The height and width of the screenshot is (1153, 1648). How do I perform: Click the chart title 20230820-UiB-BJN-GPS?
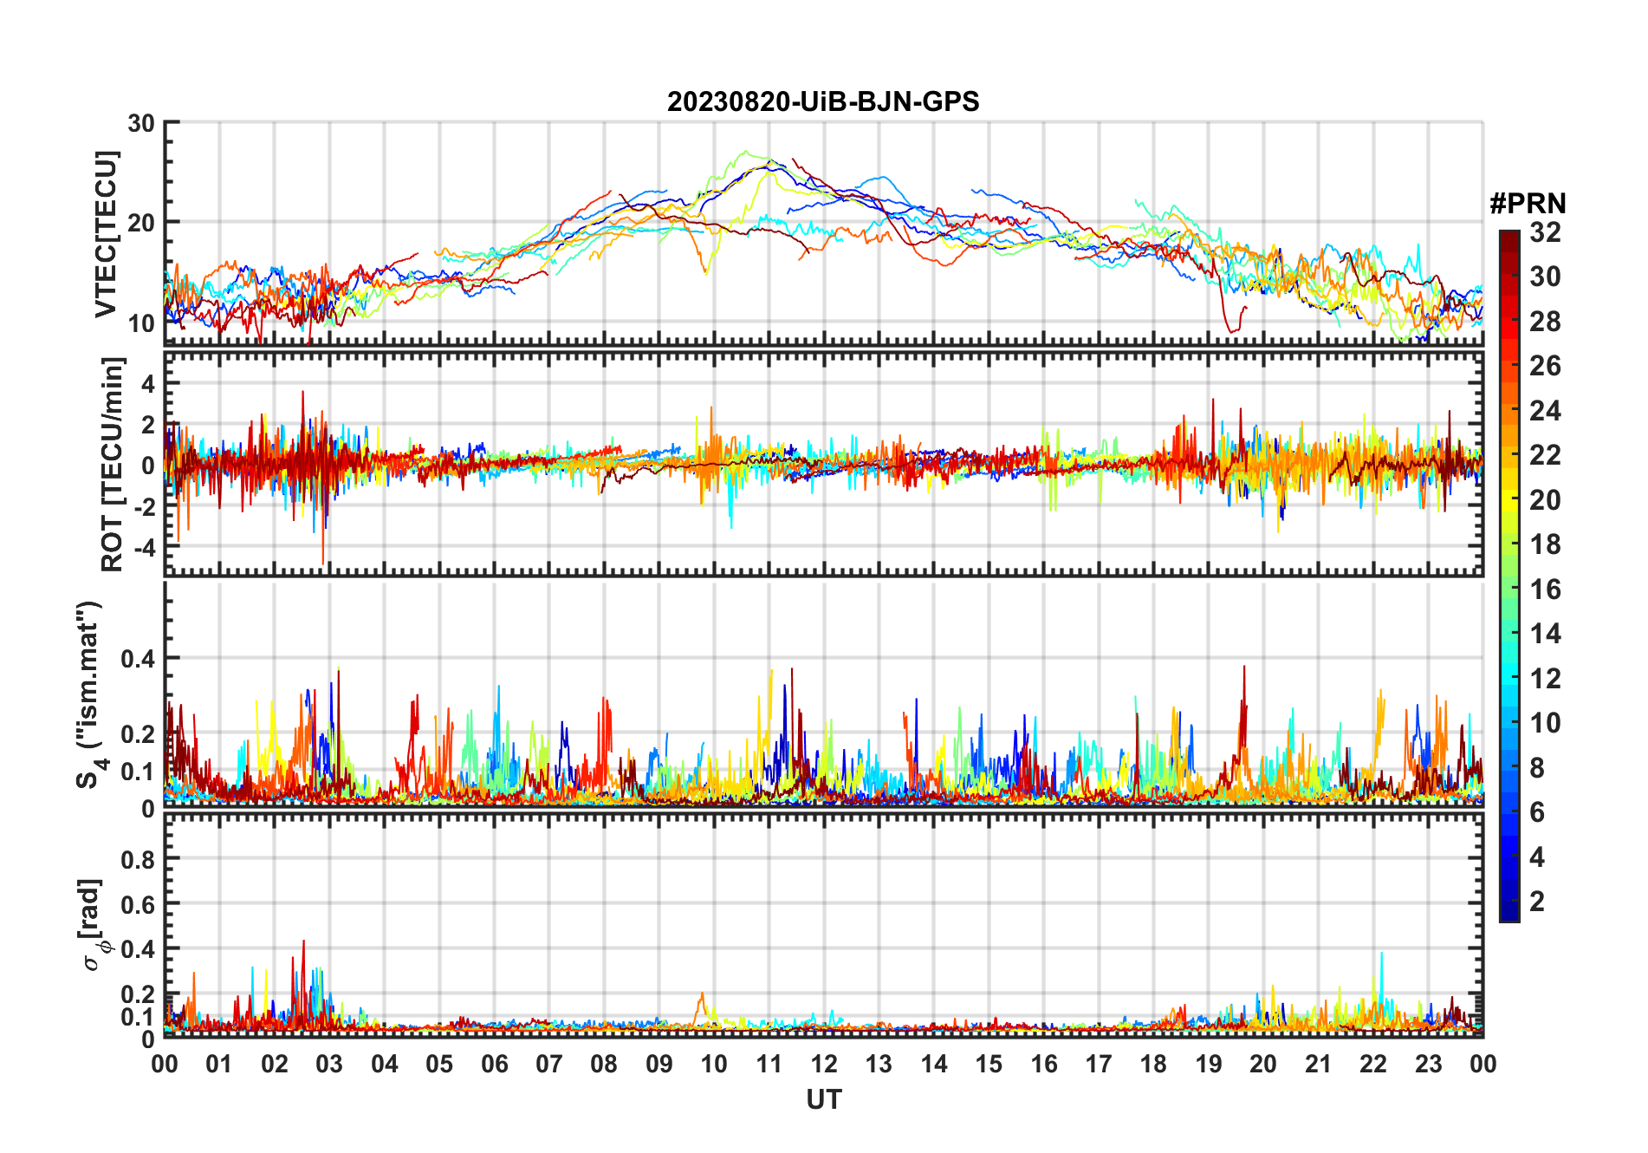click(x=823, y=102)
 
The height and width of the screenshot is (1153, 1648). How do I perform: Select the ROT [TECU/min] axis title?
click(x=113, y=464)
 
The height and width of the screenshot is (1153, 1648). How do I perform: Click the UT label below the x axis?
click(x=823, y=1100)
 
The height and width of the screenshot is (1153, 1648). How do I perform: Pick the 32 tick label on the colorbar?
click(x=1545, y=232)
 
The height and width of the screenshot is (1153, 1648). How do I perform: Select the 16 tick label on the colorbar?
click(x=1545, y=590)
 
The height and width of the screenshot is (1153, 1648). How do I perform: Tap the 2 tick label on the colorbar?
click(x=1537, y=902)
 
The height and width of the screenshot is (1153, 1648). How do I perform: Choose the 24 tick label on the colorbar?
click(x=1545, y=411)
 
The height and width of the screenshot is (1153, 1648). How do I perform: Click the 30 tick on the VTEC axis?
click(x=140, y=123)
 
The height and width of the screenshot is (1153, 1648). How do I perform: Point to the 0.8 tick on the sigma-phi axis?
click(x=138, y=859)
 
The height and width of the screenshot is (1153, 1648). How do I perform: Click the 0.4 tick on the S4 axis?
click(x=138, y=659)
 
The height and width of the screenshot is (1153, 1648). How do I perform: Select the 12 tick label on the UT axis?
click(x=824, y=1065)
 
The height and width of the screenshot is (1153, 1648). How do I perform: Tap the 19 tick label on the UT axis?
click(x=1209, y=1065)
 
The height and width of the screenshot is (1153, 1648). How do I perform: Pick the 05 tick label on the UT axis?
click(x=439, y=1065)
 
